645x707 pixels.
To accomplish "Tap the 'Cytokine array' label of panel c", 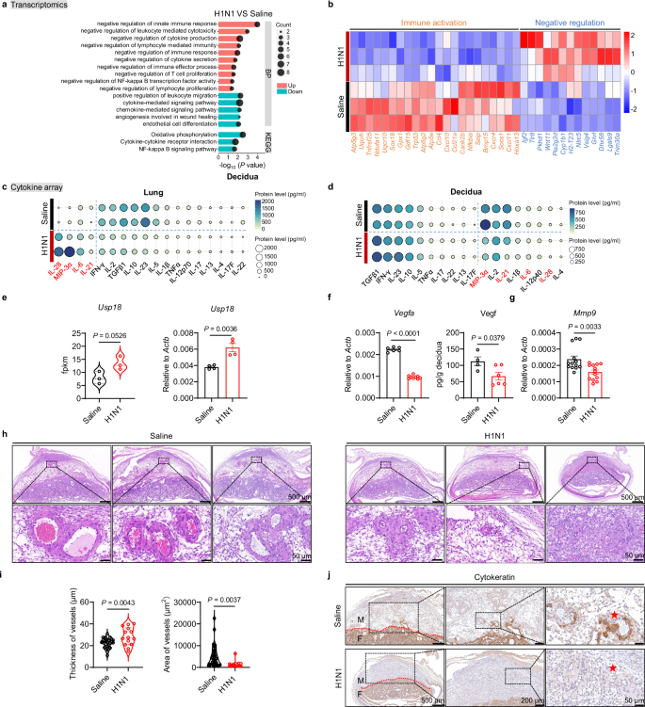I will click(37, 189).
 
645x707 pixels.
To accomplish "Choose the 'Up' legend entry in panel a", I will click(294, 84).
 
